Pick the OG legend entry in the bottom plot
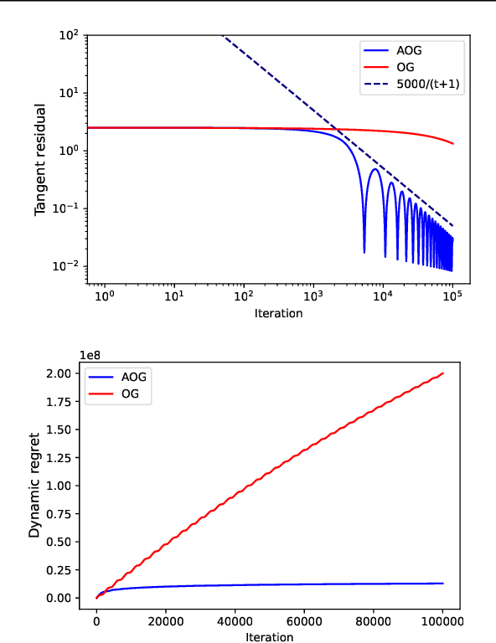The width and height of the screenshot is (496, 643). click(130, 394)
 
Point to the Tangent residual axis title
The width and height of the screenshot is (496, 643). click(40, 160)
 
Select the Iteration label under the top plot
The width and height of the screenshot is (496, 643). click(277, 313)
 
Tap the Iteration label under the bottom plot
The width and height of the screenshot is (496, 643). click(270, 637)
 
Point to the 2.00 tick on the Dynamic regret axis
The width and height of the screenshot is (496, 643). click(66, 373)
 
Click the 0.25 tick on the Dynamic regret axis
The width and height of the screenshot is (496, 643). click(66, 570)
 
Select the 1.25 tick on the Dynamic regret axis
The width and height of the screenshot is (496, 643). click(66, 458)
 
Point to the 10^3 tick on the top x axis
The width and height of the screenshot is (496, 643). click(313, 296)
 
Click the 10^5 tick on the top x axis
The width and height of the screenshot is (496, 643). click(452, 296)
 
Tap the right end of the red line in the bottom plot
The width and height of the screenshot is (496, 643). click(442, 373)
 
